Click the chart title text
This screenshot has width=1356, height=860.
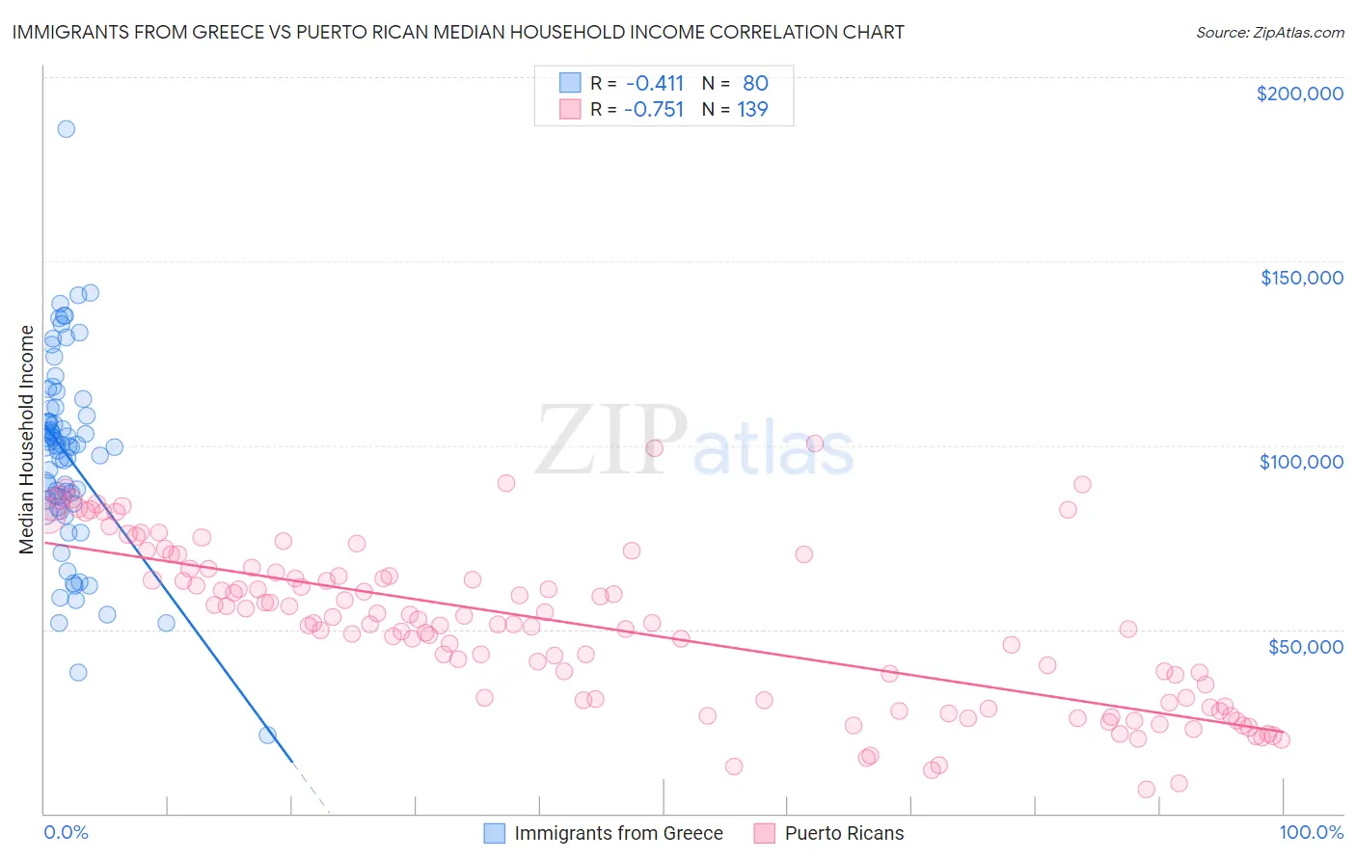tap(458, 32)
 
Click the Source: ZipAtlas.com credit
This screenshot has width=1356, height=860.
tap(1269, 32)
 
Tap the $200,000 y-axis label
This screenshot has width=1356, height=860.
tap(1299, 94)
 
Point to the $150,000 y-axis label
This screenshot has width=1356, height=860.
tap(1301, 278)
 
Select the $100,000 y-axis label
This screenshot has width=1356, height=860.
tap(1301, 462)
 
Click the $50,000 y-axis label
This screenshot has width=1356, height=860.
tap(1305, 646)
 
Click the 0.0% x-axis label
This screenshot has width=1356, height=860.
tap(66, 833)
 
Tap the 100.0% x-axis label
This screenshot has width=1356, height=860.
tap(1311, 833)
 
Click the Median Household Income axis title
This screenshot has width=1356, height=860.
tap(27, 440)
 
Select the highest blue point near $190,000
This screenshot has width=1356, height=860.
tap(66, 129)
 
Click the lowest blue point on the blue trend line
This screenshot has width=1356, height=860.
tap(268, 735)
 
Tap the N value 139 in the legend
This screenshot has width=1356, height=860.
tap(752, 109)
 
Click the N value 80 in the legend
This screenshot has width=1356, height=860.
tap(755, 83)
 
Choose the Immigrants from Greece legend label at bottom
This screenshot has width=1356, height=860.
tap(618, 833)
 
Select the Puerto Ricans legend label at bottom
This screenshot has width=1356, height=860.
tap(844, 833)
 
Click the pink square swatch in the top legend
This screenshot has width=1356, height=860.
tap(570, 109)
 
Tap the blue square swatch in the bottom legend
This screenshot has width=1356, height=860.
tap(495, 833)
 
